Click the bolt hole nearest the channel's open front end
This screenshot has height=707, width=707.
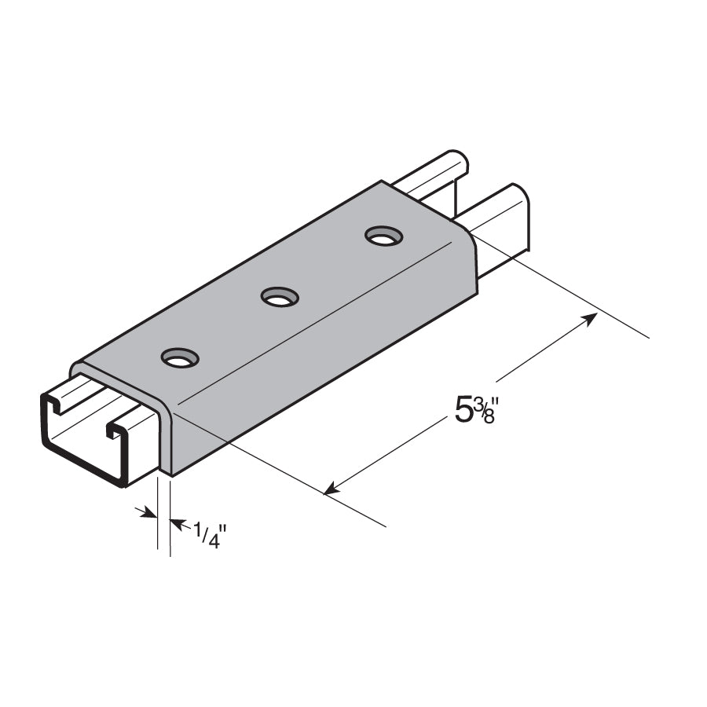[x=180, y=359]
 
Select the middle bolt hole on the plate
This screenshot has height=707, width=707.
[x=280, y=297]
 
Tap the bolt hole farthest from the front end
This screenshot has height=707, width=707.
[x=383, y=235]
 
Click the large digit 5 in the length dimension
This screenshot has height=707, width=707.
[x=463, y=411]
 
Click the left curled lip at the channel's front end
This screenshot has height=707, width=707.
[x=55, y=405]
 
